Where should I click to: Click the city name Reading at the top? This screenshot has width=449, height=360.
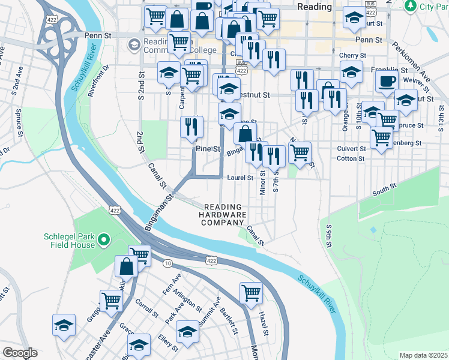pos(314,7)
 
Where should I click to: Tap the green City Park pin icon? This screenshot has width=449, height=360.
pos(410,6)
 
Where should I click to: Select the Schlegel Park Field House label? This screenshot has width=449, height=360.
pos(69,241)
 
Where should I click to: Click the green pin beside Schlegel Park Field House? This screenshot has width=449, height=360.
pos(103,241)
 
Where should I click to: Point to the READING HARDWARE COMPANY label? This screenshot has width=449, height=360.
pos(223,214)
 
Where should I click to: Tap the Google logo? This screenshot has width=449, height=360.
pos(20,353)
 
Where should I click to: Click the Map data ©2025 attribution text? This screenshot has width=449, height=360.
pos(423,355)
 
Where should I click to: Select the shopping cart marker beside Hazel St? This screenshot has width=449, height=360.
pos(251,293)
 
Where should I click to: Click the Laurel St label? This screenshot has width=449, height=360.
pos(241,178)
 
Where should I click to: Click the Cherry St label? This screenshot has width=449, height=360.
pos(348,55)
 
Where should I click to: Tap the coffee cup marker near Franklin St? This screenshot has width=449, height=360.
pos(386,82)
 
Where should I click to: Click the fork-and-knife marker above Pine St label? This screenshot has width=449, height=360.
pos(192,127)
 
